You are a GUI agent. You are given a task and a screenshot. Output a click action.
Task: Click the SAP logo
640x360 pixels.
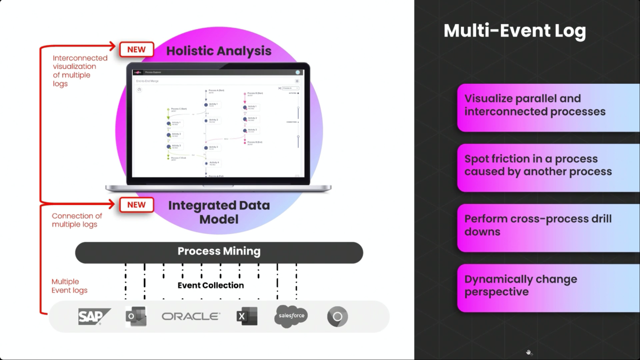point(94,317)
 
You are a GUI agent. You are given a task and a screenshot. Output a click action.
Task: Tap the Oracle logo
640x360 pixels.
point(191,317)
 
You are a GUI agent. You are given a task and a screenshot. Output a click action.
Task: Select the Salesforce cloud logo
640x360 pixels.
point(291,316)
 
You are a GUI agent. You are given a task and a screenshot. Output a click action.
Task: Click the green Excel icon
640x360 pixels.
point(247,317)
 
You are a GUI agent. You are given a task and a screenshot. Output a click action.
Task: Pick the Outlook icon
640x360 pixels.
point(136,317)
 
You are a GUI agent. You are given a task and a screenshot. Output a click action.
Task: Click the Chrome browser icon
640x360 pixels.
point(337,317)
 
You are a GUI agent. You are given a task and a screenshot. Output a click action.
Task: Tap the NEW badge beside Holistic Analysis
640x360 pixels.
point(137,50)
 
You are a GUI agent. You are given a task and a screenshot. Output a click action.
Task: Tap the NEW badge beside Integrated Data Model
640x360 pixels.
point(137,205)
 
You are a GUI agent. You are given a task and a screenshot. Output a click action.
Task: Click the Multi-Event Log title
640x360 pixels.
point(515,31)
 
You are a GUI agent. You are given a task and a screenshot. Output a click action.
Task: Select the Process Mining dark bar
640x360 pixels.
point(219,252)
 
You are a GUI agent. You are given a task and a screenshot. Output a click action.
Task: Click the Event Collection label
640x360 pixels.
point(211,285)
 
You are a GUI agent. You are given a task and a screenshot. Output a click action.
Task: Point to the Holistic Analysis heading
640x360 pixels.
point(219,51)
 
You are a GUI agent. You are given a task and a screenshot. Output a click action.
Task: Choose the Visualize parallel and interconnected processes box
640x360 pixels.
point(548,107)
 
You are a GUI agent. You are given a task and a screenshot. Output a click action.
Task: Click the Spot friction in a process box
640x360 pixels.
point(548,167)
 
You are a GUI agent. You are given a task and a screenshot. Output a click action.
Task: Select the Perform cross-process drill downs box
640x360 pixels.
point(548,227)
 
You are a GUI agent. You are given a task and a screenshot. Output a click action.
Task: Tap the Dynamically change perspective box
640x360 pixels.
point(548,287)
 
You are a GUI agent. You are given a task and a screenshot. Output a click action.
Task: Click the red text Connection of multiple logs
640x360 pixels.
point(77,220)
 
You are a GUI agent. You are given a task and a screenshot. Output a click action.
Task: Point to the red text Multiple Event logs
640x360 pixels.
point(70,286)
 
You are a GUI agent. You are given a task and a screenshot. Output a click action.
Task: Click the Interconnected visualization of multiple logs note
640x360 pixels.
point(80,71)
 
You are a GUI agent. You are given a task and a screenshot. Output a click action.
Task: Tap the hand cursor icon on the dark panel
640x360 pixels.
point(529,352)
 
